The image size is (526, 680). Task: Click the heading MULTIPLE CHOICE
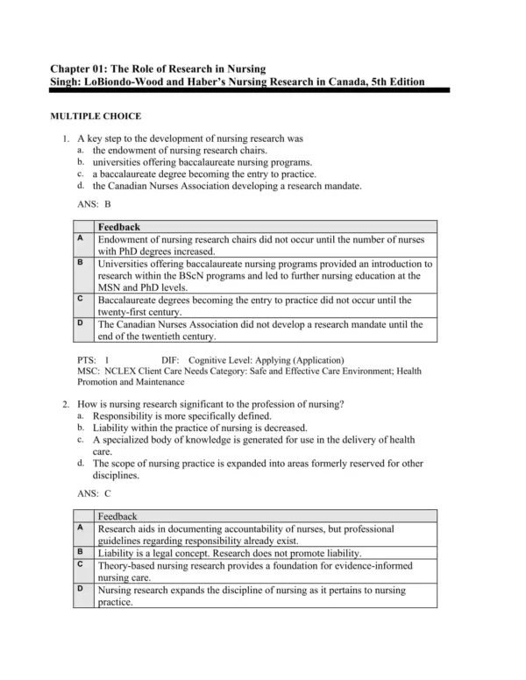[109, 116]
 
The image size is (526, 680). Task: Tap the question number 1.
[66, 138]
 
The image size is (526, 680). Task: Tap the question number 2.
[66, 404]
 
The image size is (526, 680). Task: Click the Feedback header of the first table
[119, 226]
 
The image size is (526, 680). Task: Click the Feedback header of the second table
[119, 517]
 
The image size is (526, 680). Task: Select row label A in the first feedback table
[81, 237]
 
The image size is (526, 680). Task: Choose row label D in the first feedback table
[81, 323]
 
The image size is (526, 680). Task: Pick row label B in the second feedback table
[81, 552]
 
